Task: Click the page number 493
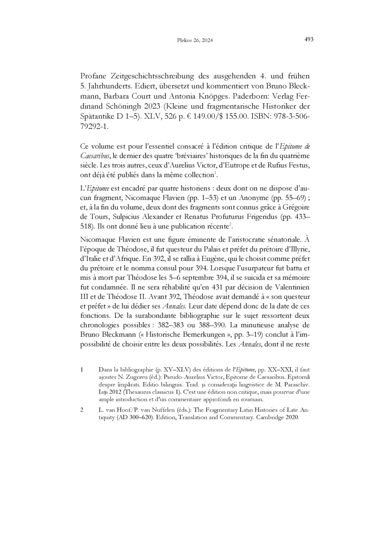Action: tap(308, 39)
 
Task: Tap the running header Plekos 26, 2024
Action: tap(194, 41)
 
